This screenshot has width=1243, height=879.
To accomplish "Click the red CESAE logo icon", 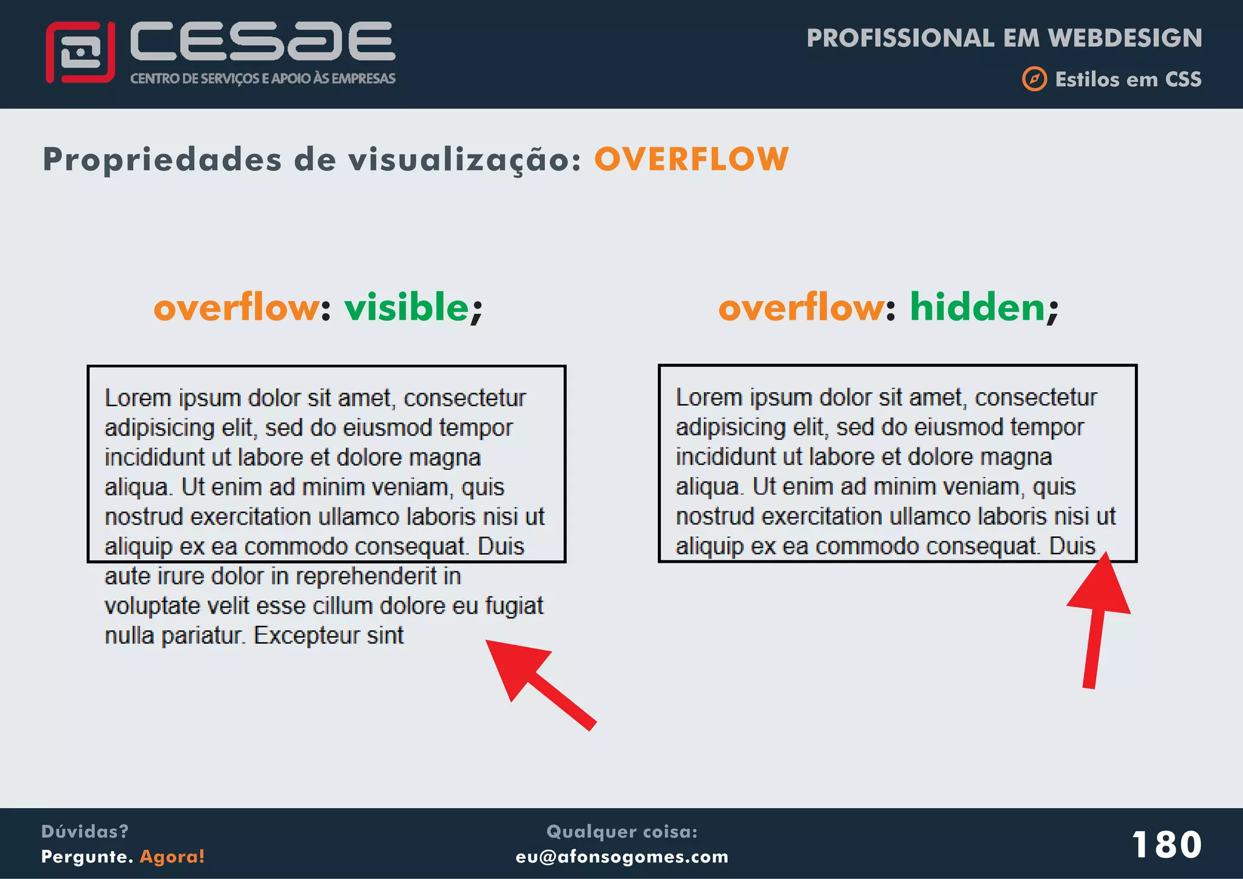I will tap(80, 52).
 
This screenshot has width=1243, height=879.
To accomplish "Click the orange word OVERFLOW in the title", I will tap(691, 160).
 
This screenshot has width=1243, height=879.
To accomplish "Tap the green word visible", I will tap(407, 307).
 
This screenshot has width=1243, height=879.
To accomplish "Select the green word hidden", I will tap(977, 307).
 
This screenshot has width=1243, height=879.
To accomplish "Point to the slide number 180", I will tap(1167, 844).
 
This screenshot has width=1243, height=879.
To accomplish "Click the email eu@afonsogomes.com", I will tap(621, 857).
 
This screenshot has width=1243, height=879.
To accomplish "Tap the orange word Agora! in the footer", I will tap(172, 857).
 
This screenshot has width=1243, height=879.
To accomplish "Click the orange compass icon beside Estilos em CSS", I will tap(1034, 79).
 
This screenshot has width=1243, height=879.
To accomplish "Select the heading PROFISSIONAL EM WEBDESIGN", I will tap(1004, 38).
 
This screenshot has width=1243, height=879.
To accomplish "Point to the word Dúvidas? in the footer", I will tap(85, 832).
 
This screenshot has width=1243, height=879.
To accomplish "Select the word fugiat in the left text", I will tap(513, 606).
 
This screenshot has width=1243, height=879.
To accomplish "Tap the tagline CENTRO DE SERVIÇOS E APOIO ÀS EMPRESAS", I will tap(263, 79).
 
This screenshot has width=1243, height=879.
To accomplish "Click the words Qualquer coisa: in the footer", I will tap(621, 832).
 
